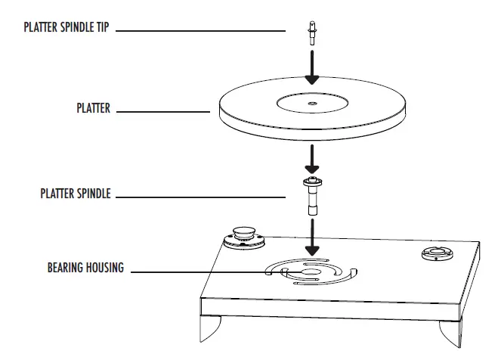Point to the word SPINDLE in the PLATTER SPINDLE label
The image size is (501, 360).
point(92,194)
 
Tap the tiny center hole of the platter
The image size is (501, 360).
point(311,99)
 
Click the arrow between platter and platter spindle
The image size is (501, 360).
point(311,160)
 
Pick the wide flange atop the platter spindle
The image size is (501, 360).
point(311,182)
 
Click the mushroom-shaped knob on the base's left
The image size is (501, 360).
point(244,231)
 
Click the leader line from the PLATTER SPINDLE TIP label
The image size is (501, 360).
point(200,31)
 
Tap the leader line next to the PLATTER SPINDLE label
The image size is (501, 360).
point(204,194)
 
